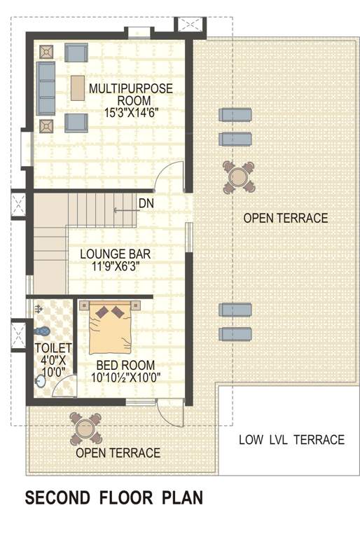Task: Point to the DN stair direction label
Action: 146,204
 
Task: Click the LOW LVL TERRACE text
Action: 291,440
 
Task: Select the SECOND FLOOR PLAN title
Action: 114,498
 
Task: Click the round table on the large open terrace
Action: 238,176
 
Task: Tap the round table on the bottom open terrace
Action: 86,429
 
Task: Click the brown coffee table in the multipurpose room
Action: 77,88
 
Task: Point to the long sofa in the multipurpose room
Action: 46,88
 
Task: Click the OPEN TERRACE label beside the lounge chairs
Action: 285,219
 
